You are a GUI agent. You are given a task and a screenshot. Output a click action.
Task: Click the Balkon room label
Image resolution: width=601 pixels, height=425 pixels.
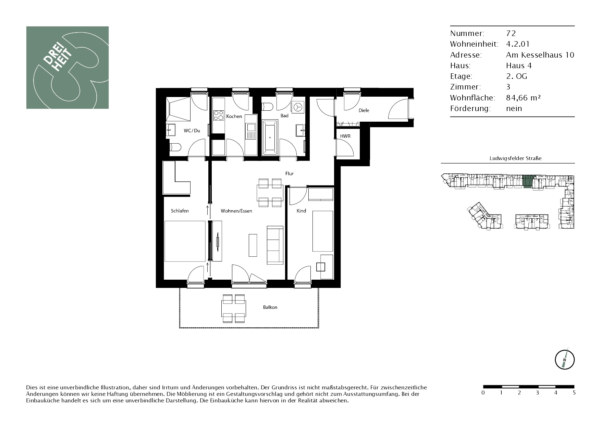coord(270,307)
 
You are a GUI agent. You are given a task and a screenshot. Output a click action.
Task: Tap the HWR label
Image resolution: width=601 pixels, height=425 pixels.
coord(345,136)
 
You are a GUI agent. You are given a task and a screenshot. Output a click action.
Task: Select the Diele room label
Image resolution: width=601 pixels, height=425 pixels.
coord(364,111)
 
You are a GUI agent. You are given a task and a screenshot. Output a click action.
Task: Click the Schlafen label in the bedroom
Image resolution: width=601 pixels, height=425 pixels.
coord(180,211)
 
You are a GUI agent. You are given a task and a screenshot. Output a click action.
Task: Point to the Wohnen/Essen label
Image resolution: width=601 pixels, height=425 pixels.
coord(236,211)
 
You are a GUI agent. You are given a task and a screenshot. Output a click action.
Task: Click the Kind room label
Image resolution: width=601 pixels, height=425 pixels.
coord(301,211)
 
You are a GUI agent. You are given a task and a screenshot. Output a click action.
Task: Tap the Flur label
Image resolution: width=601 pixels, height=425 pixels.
coord(290,173)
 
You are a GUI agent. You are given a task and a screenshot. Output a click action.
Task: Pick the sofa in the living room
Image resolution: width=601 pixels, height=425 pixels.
coord(275,245)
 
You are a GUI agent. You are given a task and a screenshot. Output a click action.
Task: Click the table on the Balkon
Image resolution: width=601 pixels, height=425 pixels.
coord(234,308)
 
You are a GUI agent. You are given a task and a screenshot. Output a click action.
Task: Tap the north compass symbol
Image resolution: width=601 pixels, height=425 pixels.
coord(565,360)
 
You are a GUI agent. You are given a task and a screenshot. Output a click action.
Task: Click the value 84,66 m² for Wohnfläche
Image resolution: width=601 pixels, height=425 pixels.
coord(524,98)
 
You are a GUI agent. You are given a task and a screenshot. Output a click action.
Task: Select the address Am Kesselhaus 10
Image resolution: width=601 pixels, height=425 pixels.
coord(540,55)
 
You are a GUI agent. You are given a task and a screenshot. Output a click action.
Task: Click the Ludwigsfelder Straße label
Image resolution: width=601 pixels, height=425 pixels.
coord(516,158)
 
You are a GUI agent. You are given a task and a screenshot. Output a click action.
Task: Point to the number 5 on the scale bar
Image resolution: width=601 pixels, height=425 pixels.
coord(574,393)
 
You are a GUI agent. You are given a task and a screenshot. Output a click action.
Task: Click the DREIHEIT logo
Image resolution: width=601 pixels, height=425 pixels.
coord(68,68)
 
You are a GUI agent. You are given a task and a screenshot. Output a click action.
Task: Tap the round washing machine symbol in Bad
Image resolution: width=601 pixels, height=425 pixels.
coord(298,107)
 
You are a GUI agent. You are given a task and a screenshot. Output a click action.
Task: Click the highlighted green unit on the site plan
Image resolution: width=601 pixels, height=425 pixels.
coord(527,181)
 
